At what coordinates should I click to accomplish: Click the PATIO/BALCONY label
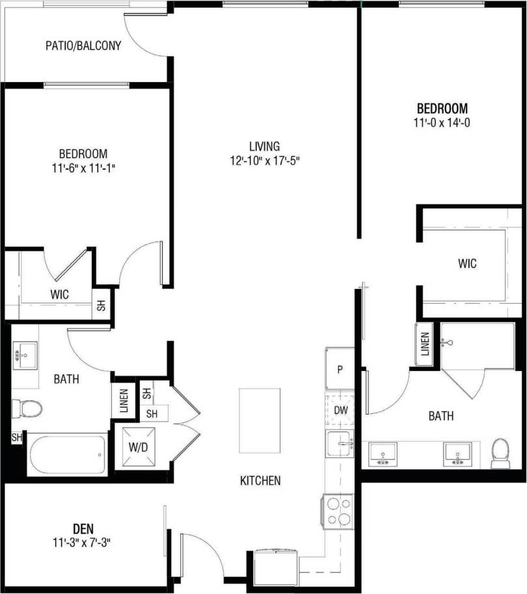tap(83, 46)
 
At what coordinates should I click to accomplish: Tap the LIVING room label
tap(264, 146)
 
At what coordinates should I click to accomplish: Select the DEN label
tap(82, 529)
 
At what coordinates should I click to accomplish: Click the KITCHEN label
tap(260, 481)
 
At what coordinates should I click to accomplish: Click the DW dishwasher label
tap(340, 411)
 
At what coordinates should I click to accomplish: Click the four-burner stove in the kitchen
tap(338, 511)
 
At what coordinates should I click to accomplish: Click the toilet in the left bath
tap(27, 409)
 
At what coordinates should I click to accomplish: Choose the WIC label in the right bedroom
tap(467, 264)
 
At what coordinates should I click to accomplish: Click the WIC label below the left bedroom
tap(59, 294)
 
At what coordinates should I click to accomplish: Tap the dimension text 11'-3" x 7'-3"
tap(82, 542)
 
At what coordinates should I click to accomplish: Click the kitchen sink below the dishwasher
tap(340, 445)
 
